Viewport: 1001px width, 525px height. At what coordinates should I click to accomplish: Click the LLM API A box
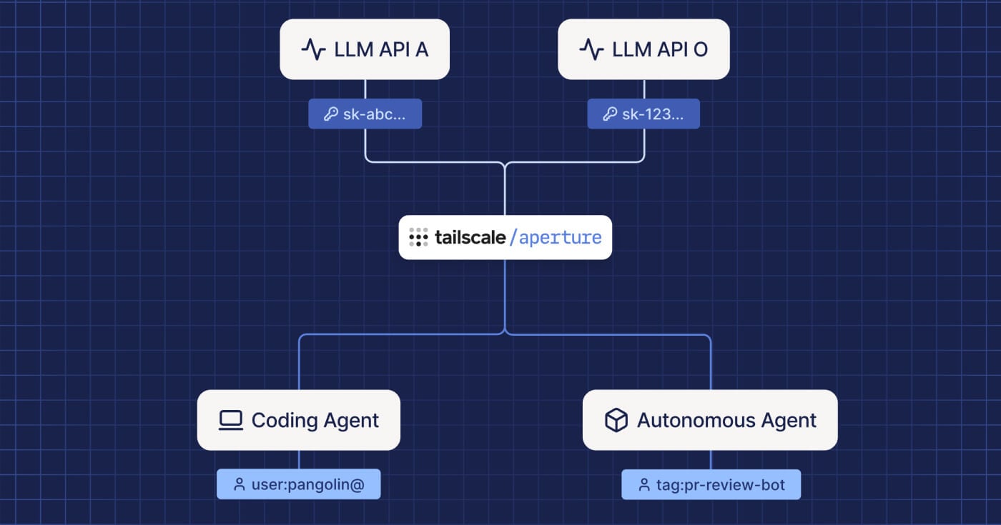[365, 49]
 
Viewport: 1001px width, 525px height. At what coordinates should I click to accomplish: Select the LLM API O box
[643, 49]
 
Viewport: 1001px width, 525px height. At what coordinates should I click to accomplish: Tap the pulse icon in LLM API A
[313, 49]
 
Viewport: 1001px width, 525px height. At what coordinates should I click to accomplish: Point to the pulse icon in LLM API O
[591, 49]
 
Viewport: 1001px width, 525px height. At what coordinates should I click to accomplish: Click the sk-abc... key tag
[365, 114]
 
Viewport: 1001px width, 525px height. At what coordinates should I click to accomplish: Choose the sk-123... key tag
[643, 114]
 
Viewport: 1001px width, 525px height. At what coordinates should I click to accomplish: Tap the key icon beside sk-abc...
[330, 114]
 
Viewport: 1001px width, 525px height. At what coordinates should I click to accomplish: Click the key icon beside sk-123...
[609, 114]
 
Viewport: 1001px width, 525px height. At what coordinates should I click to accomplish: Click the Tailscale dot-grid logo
[418, 238]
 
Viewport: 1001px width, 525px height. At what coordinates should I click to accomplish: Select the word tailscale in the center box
[470, 238]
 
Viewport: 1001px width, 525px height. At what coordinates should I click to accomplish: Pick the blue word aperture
[560, 238]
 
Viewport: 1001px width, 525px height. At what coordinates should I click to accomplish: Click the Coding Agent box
[298, 420]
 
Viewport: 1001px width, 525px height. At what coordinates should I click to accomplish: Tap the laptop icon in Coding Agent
[230, 420]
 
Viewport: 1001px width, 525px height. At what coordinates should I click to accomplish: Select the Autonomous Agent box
[710, 420]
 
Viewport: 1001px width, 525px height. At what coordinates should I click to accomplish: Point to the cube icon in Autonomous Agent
[616, 420]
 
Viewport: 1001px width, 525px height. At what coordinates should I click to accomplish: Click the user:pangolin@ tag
[298, 484]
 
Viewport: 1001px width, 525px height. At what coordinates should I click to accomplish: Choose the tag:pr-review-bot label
[711, 485]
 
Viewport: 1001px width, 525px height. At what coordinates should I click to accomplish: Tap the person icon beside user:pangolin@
[240, 484]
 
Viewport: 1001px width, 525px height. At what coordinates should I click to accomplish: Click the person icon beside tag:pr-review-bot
[644, 485]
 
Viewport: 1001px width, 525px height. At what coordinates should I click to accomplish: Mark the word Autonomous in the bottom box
[691, 420]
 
